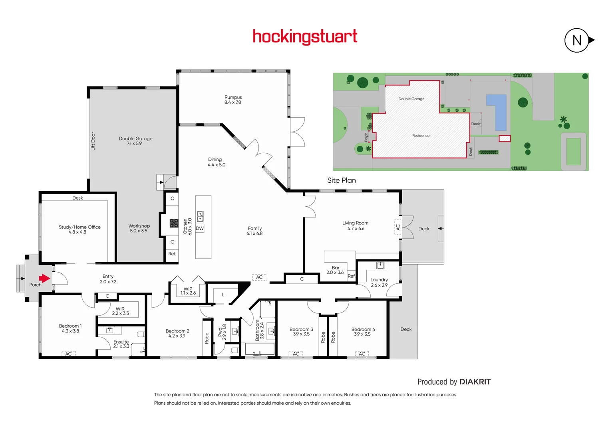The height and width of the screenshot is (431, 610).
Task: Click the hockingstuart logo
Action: [x=305, y=36]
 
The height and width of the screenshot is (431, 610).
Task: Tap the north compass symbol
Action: [x=577, y=40]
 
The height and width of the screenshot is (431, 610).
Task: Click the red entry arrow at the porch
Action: [x=44, y=278]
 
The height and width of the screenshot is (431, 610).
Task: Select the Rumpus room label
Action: [x=233, y=97]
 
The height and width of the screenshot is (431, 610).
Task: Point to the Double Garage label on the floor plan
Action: [x=135, y=139]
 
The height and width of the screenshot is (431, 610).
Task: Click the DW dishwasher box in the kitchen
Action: [x=200, y=228]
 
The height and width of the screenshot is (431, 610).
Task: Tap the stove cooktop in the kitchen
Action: [x=174, y=223]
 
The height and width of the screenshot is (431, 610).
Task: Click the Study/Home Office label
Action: [x=79, y=227]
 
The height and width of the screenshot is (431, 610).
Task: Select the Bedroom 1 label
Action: [x=70, y=326]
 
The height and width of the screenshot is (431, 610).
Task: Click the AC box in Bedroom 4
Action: [x=362, y=354]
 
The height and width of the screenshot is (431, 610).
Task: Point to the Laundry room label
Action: [x=379, y=280]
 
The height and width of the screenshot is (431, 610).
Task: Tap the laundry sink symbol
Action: [x=380, y=265]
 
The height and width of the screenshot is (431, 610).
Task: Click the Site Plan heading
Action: [x=342, y=180]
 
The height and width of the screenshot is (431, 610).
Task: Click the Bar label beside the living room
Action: [x=336, y=268]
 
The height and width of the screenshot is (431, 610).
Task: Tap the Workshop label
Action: [x=139, y=226]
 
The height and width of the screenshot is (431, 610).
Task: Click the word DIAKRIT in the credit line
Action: [x=475, y=382]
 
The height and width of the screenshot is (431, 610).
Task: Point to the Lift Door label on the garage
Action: [x=93, y=141]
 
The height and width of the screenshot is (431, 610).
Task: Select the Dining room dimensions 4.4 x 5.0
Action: [x=217, y=165]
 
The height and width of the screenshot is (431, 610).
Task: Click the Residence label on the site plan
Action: [x=421, y=136]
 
